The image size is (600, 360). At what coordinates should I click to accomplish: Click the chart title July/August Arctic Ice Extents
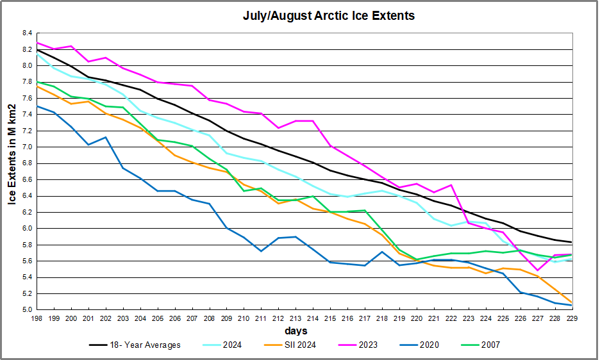[328, 16]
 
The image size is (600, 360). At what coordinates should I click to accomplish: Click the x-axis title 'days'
[296, 331]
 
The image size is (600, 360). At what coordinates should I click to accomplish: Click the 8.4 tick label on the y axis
[26, 33]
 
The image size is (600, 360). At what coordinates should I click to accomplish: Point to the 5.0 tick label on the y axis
[26, 310]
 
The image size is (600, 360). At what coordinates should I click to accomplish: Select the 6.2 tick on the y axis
[26, 212]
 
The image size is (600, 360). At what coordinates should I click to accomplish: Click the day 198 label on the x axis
[37, 318]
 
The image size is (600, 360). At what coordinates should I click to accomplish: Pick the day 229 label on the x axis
[571, 318]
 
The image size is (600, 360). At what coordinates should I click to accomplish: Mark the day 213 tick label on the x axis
[296, 318]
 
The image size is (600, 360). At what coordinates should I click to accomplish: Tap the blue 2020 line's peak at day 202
[106, 137]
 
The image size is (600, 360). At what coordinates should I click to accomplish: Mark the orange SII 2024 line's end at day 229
[571, 302]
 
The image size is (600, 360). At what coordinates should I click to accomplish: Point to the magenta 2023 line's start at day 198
[37, 42]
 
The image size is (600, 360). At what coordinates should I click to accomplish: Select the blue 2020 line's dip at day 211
[261, 250]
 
